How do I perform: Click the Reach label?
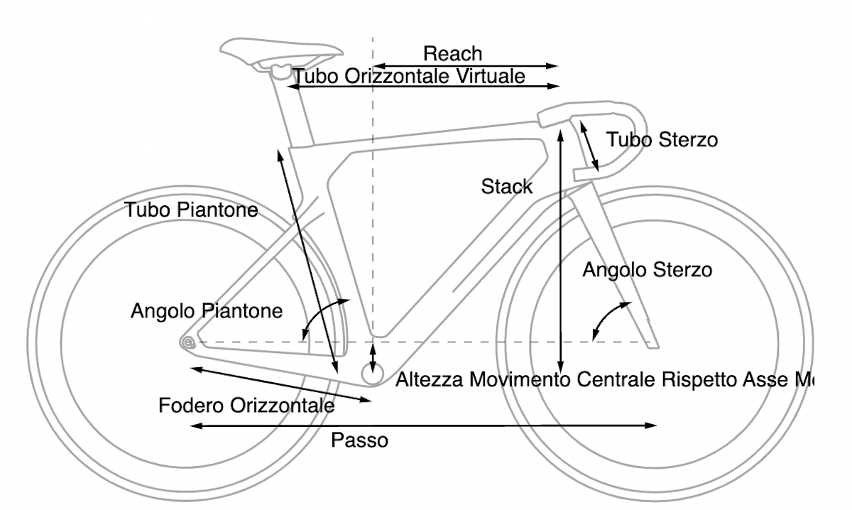tap(452, 53)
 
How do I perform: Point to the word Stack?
tap(506, 187)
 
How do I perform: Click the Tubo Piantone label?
tap(190, 210)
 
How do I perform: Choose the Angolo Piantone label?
tap(207, 311)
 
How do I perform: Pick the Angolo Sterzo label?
tap(646, 270)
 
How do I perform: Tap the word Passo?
tap(360, 440)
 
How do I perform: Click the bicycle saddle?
tap(280, 51)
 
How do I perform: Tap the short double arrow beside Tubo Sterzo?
tap(589, 146)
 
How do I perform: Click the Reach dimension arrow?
tap(465, 65)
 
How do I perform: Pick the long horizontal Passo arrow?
tap(423, 425)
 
